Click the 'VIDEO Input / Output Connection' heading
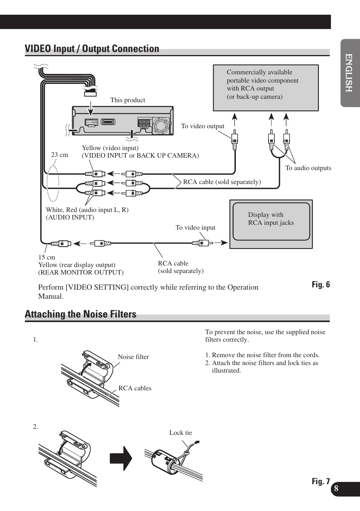[x=92, y=49]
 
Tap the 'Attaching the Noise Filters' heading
[x=80, y=315]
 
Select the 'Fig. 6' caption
[x=320, y=285]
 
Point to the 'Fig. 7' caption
[x=320, y=481]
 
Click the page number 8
[x=336, y=489]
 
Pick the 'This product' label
[x=128, y=100]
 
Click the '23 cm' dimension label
[x=60, y=155]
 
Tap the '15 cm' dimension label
[x=46, y=257]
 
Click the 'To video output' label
[x=203, y=126]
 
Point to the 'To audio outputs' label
[x=308, y=168]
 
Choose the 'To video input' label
[x=195, y=228]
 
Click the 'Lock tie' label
[x=180, y=433]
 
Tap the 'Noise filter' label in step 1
[x=133, y=357]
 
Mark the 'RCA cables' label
[x=135, y=388]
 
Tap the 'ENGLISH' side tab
[x=349, y=73]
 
